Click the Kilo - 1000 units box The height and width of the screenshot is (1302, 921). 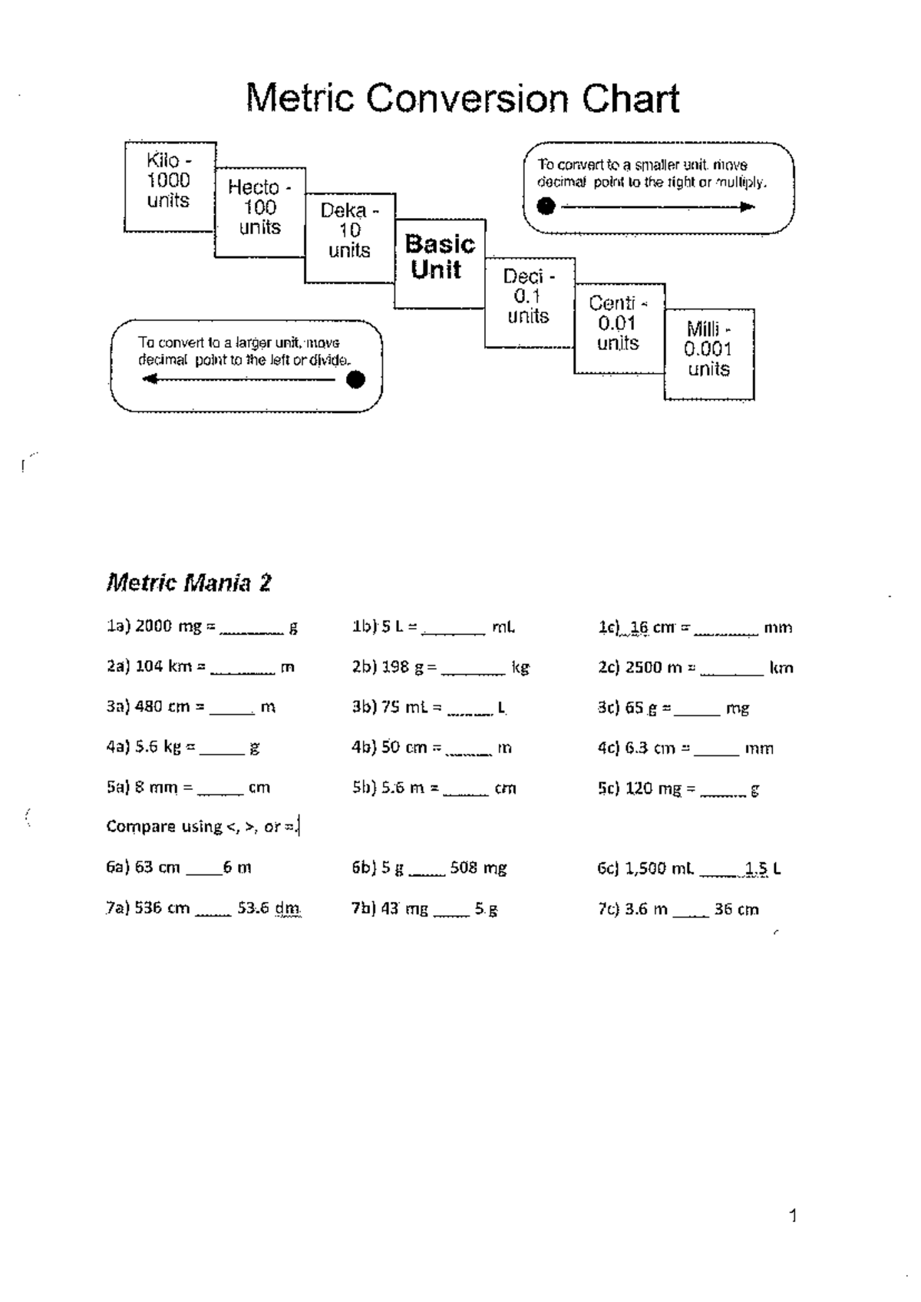pos(170,187)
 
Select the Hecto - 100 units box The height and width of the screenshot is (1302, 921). pos(260,213)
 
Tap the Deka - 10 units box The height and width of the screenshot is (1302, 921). pos(351,238)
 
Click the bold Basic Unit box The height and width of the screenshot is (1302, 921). pos(440,263)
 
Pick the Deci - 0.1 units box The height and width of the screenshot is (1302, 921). pos(530,302)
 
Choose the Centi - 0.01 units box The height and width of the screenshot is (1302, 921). pos(619,329)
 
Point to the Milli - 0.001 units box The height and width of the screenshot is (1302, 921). pos(709,355)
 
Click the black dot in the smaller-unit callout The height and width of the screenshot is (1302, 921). pos(546,206)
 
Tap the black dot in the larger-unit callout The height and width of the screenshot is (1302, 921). pos(355,379)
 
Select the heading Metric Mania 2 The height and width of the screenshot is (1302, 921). pos(189,583)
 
